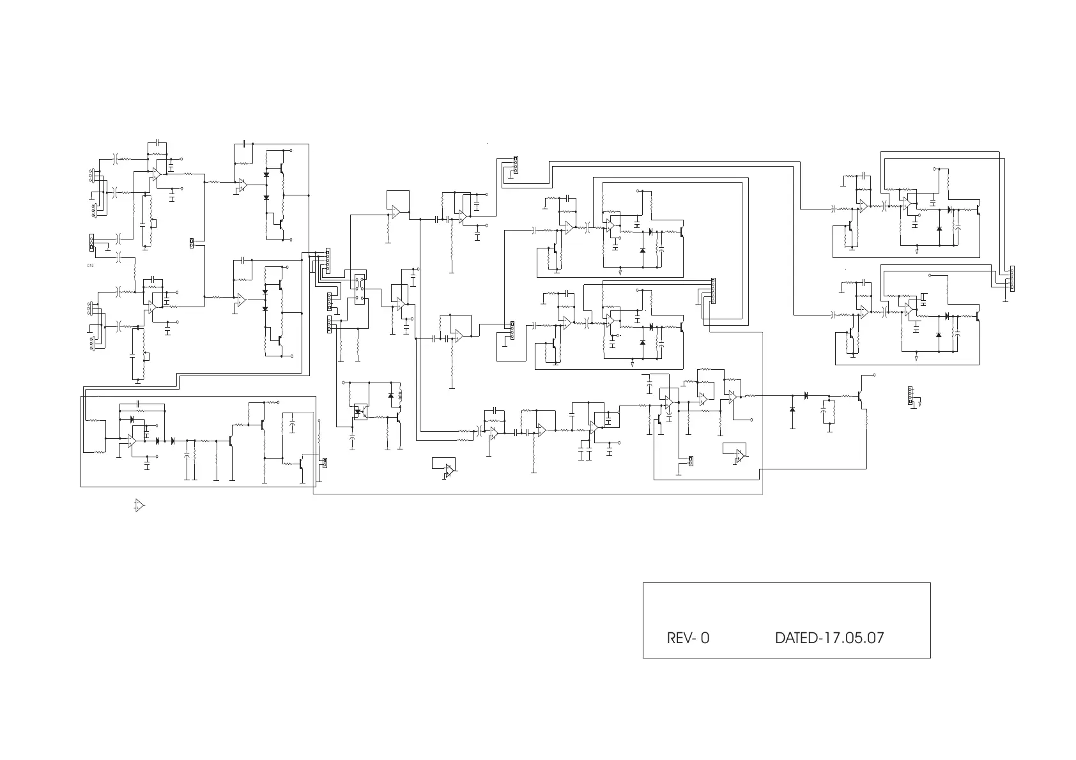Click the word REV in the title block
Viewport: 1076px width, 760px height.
click(678, 638)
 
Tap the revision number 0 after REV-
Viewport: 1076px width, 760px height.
click(704, 638)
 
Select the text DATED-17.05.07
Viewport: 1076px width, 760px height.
click(829, 638)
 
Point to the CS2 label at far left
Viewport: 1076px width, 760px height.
click(90, 264)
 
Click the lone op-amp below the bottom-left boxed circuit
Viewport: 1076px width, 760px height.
click(139, 506)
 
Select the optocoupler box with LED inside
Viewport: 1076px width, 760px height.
click(360, 411)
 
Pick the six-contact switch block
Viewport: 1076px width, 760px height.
click(360, 289)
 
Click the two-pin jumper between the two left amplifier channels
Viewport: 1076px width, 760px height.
click(192, 243)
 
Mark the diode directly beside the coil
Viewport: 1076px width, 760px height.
click(391, 396)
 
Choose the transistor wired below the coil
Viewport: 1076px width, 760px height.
click(398, 418)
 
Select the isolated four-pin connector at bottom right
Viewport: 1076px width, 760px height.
click(911, 396)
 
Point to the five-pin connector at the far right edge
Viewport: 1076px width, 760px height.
click(1012, 278)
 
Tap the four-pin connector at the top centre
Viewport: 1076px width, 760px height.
click(515, 165)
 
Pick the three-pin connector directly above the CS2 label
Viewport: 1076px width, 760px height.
click(91, 242)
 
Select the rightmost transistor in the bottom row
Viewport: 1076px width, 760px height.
click(861, 397)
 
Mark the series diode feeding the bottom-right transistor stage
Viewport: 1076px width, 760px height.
click(806, 396)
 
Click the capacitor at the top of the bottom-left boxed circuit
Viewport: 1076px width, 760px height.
click(141, 405)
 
